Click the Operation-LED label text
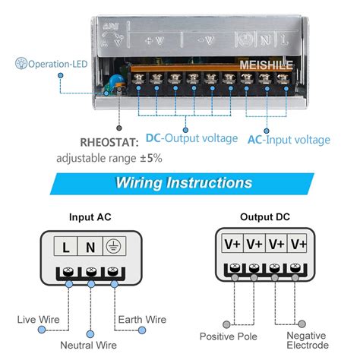(56, 65)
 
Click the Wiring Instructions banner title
(184, 183)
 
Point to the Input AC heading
(90, 216)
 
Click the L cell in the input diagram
(67, 246)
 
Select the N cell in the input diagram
(90, 246)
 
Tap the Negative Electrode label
(306, 341)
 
